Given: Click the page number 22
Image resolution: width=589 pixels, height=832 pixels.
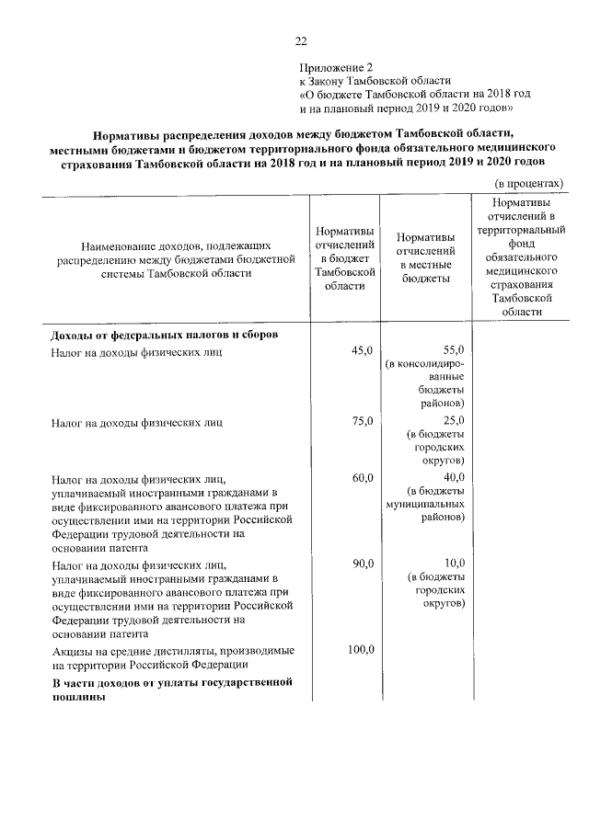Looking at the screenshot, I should click(x=300, y=40).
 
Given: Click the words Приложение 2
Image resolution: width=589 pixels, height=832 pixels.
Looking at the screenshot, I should click(x=338, y=67).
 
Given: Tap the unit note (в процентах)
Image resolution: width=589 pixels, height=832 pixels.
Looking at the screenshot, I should click(x=530, y=184).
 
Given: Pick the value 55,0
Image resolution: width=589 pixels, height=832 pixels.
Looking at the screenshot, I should click(x=455, y=351).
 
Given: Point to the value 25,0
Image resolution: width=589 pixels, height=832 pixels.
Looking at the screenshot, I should click(x=455, y=421).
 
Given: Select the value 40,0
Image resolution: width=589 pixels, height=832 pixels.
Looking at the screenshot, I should click(x=455, y=477).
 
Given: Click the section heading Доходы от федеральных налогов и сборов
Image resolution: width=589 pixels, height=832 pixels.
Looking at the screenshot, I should click(x=165, y=334).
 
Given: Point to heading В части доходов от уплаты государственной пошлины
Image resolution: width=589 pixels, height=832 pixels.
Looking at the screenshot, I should click(x=171, y=690).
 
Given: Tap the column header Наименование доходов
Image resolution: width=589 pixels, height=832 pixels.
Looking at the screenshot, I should click(x=176, y=260).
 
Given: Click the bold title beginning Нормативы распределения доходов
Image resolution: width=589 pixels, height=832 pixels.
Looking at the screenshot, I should click(x=304, y=150).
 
